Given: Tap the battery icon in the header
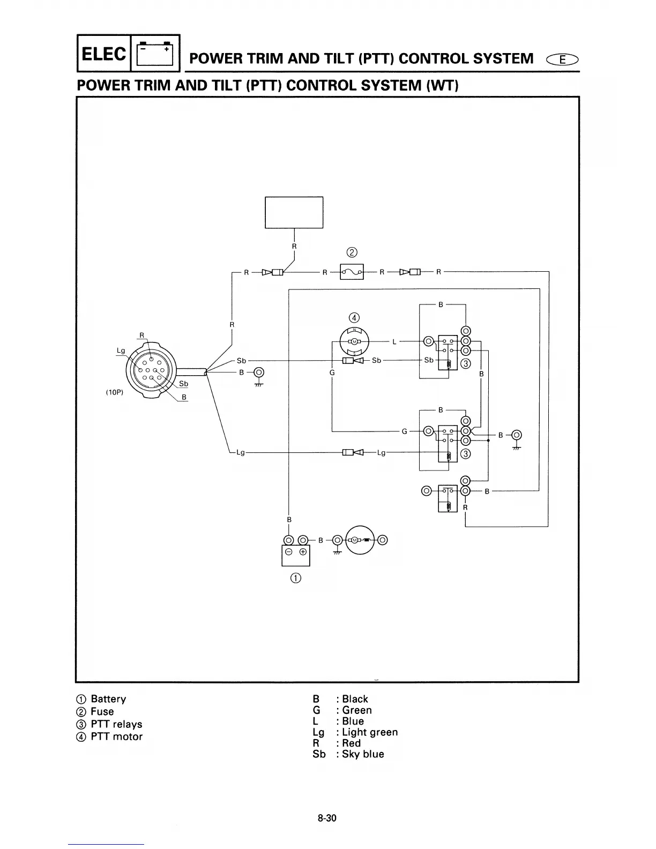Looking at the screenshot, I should click(155, 54).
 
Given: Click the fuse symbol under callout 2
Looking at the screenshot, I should click(352, 272).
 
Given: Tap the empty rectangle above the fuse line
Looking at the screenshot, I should click(294, 212).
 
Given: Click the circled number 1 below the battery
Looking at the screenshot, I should click(295, 578).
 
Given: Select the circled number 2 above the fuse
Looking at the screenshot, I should click(352, 252).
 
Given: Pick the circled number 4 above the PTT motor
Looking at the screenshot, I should click(354, 317).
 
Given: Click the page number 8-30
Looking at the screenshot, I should click(326, 818).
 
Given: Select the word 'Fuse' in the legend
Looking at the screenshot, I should click(102, 712).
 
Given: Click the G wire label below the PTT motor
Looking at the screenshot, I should click(332, 373).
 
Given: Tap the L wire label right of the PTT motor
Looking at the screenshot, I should click(394, 341).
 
